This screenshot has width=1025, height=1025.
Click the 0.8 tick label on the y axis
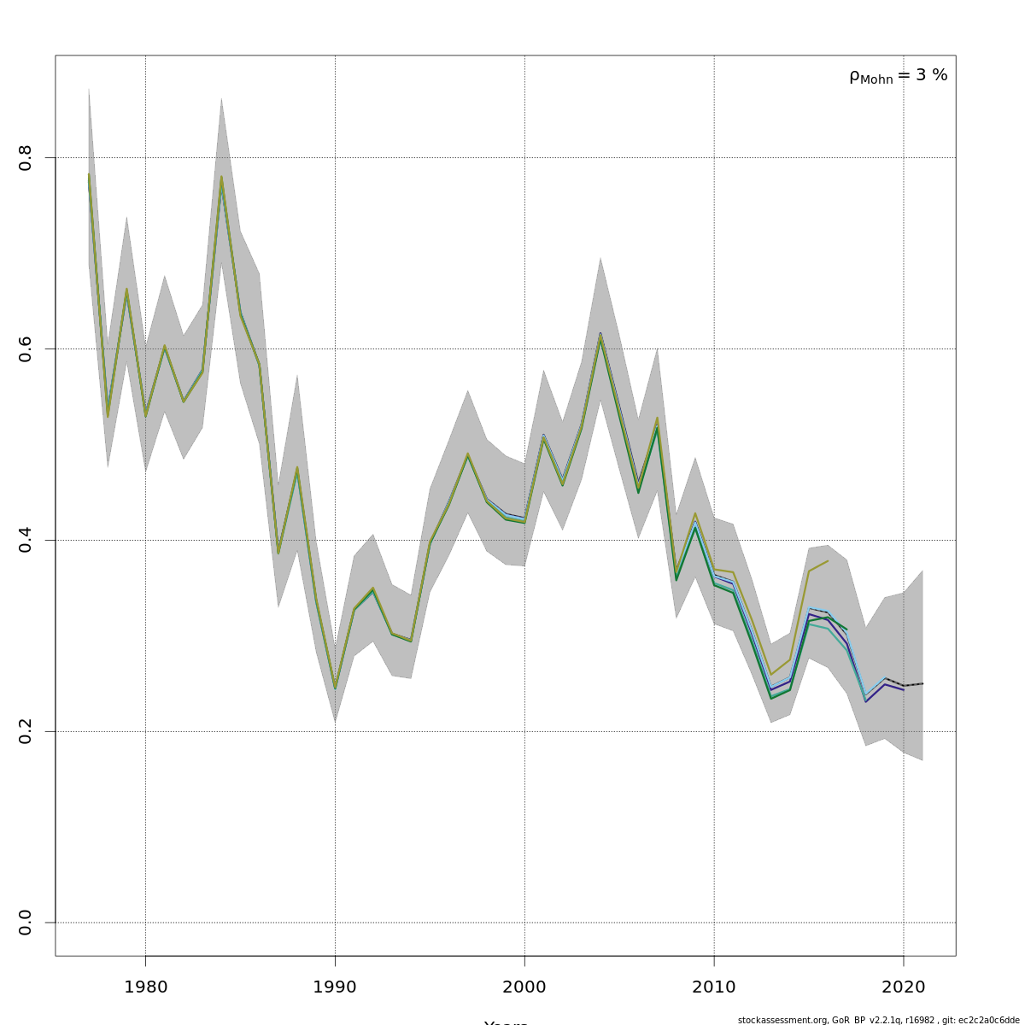click(x=25, y=158)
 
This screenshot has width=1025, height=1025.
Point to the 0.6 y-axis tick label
click(x=25, y=349)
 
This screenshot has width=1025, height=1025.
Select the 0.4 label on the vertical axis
click(x=25, y=541)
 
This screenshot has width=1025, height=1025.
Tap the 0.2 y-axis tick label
click(x=25, y=731)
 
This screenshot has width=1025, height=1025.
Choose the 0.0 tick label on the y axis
click(x=25, y=922)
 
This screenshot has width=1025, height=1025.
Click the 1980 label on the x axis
click(x=145, y=987)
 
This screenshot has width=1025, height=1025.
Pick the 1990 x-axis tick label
click(x=335, y=987)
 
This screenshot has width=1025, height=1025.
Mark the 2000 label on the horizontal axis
click(x=524, y=987)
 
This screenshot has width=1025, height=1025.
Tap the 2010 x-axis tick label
click(x=714, y=987)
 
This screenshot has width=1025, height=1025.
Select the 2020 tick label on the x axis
click(x=904, y=987)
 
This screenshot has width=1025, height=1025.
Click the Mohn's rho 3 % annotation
click(x=898, y=76)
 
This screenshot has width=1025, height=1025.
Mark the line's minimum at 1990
click(x=335, y=688)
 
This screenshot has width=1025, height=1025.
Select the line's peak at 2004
click(x=600, y=336)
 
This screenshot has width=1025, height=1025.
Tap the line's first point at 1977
click(x=89, y=174)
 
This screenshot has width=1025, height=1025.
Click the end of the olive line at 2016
click(x=828, y=561)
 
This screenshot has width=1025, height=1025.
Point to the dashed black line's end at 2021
click(x=922, y=683)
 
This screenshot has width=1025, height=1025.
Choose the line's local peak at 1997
click(x=467, y=454)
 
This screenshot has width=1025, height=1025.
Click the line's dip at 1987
click(x=278, y=553)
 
